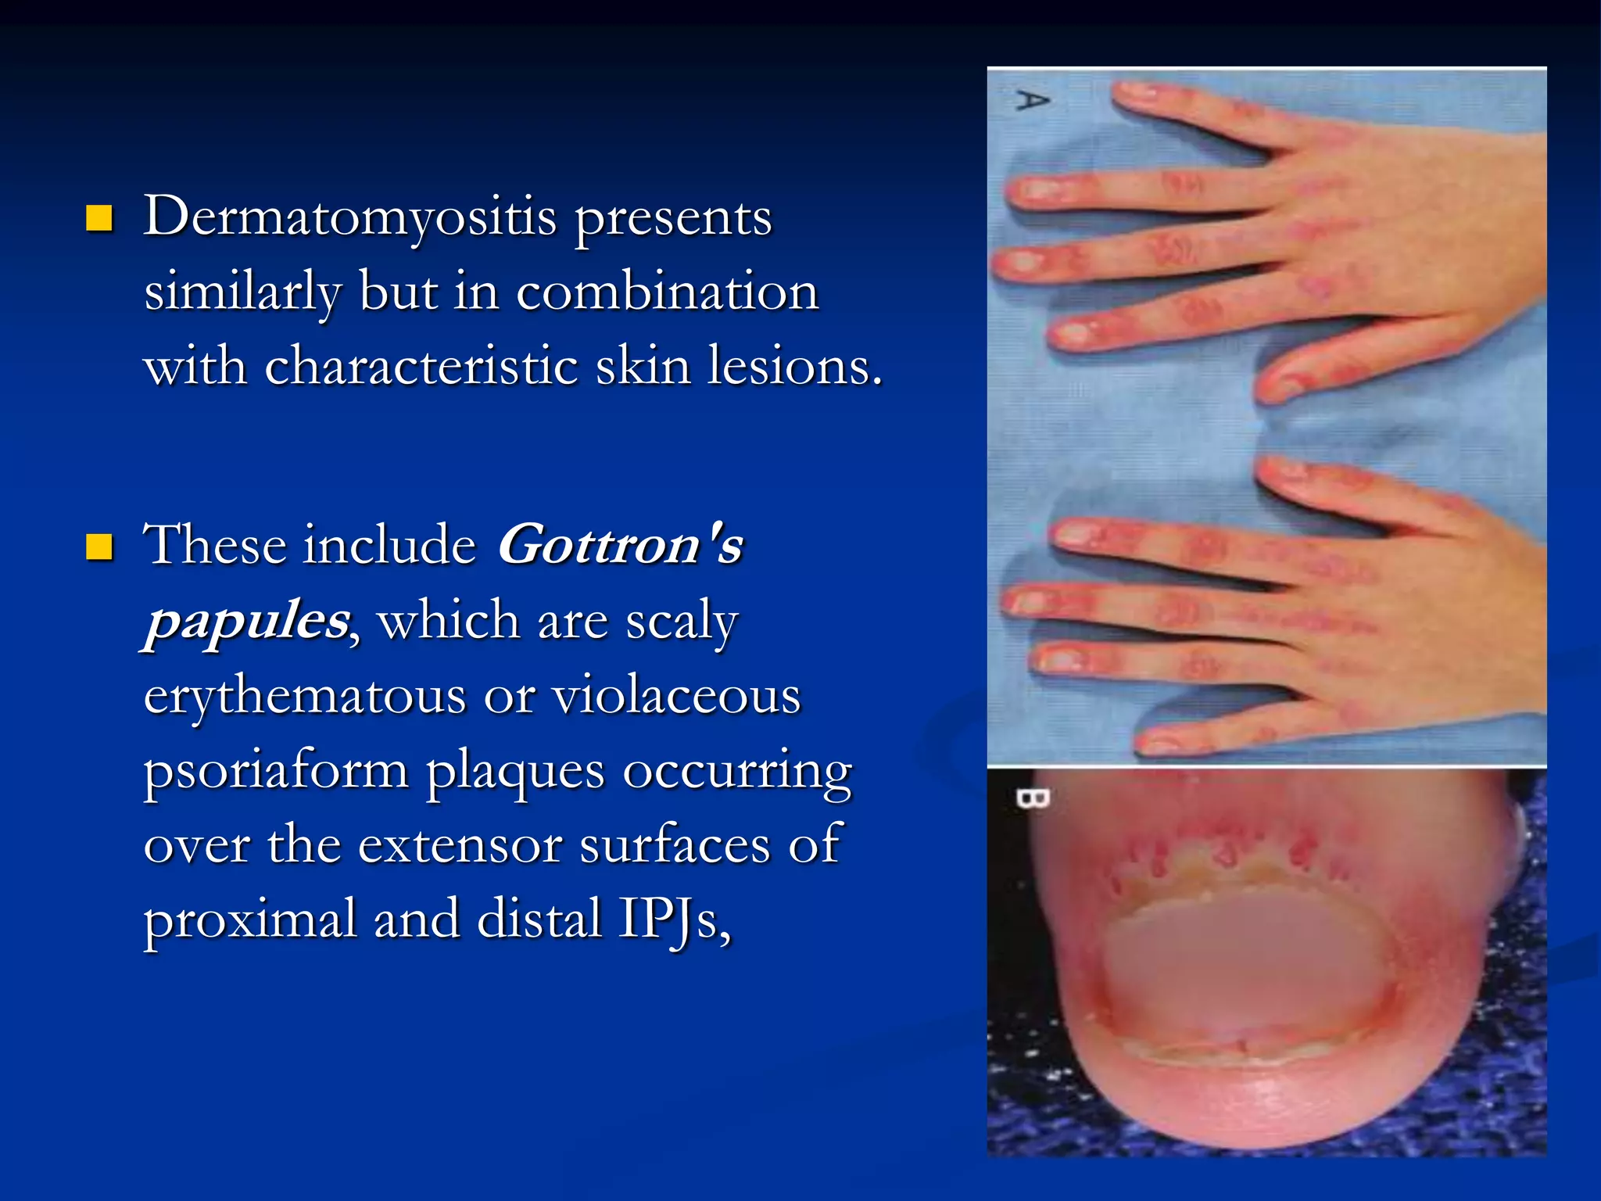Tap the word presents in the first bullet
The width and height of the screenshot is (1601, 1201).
[673, 219]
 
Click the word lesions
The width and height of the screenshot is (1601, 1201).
[794, 366]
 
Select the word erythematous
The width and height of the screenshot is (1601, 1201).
[305, 696]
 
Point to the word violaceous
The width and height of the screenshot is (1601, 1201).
[677, 696]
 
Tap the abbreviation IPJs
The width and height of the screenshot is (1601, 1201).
[675, 920]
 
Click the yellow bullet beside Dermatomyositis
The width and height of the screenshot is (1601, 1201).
[99, 218]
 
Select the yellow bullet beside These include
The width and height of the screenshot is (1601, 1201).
[99, 547]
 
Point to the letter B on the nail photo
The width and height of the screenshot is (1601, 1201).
[1032, 798]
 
